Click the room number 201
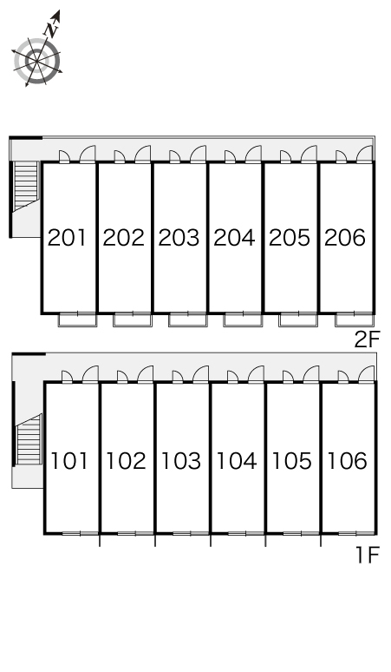tap(67, 237)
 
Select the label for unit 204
tap(234, 237)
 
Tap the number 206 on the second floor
tap(345, 237)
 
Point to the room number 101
tap(69, 461)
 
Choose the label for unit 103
tap(181, 461)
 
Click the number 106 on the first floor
tap(348, 461)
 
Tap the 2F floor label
tap(367, 339)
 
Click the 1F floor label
tap(368, 556)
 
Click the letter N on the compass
tap(52, 30)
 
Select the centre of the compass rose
tap(36, 62)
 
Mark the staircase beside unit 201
tap(26, 187)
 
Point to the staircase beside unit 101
tap(29, 439)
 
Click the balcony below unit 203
tap(187, 320)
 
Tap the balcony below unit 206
tap(355, 320)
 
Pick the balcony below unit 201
tap(77, 320)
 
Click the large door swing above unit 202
tap(143, 155)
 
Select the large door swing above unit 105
tap(311, 373)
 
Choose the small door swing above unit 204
tap(230, 157)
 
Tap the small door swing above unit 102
tap(122, 376)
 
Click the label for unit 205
tap(290, 237)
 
